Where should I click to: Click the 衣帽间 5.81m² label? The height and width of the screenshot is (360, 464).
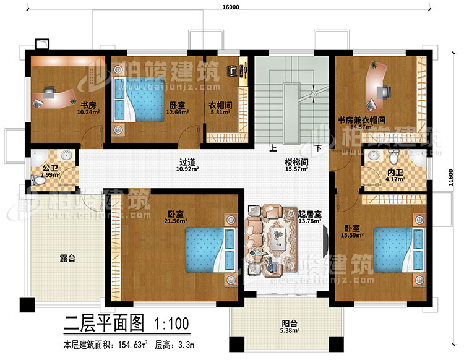pyautogui.click(x=220, y=109)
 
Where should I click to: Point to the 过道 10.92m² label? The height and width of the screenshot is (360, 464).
pyautogui.click(x=184, y=166)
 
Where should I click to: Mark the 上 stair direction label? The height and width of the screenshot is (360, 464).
pyautogui.click(x=272, y=149)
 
